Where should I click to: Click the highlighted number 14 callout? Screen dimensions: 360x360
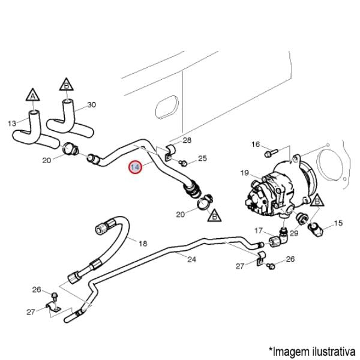pyautogui.click(x=136, y=167)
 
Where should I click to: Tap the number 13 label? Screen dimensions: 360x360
pyautogui.click(x=12, y=124)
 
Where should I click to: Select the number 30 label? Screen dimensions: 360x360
pyautogui.click(x=91, y=104)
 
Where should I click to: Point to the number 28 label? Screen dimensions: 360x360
pyautogui.click(x=187, y=140)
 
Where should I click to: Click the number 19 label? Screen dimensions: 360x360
pyautogui.click(x=245, y=173)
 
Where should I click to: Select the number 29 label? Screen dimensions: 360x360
pyautogui.click(x=293, y=232)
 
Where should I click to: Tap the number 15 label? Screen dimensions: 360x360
pyautogui.click(x=338, y=223)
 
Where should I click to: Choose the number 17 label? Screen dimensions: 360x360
pyautogui.click(x=259, y=230)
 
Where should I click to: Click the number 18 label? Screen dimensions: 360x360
pyautogui.click(x=143, y=243)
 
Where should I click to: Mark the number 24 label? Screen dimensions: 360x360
pyautogui.click(x=191, y=259)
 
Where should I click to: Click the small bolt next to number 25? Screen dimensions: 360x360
pyautogui.click(x=184, y=162)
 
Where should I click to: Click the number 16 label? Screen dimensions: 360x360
pyautogui.click(x=256, y=144)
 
